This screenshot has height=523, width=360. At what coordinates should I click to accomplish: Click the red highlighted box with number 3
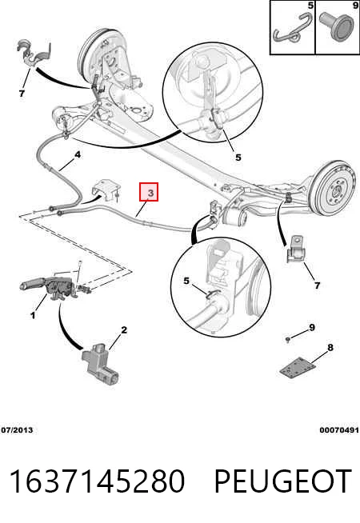(x=149, y=192)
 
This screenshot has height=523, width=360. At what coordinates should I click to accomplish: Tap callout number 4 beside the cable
(x=78, y=155)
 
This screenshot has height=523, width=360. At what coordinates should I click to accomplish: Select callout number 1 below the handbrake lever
(x=33, y=315)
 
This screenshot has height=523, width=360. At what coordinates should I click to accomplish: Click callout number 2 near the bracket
(x=124, y=330)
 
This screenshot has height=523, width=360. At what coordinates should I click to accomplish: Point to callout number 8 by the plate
(x=330, y=348)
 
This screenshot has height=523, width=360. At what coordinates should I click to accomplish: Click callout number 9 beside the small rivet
(x=312, y=328)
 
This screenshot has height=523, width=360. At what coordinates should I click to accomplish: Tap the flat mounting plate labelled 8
(x=298, y=368)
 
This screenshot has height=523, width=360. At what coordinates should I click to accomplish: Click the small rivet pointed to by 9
(x=287, y=340)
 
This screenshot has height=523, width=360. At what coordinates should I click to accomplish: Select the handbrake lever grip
(x=30, y=285)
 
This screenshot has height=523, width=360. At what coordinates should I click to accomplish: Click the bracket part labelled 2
(x=101, y=364)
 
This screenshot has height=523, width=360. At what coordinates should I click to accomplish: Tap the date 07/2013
(x=17, y=430)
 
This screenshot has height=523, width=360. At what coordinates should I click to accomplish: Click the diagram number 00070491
(x=339, y=430)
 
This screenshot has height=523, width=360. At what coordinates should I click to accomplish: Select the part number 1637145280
(x=97, y=481)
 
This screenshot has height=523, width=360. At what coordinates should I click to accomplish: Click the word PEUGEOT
(x=282, y=481)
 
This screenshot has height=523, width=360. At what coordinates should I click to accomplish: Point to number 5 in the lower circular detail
(x=186, y=281)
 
